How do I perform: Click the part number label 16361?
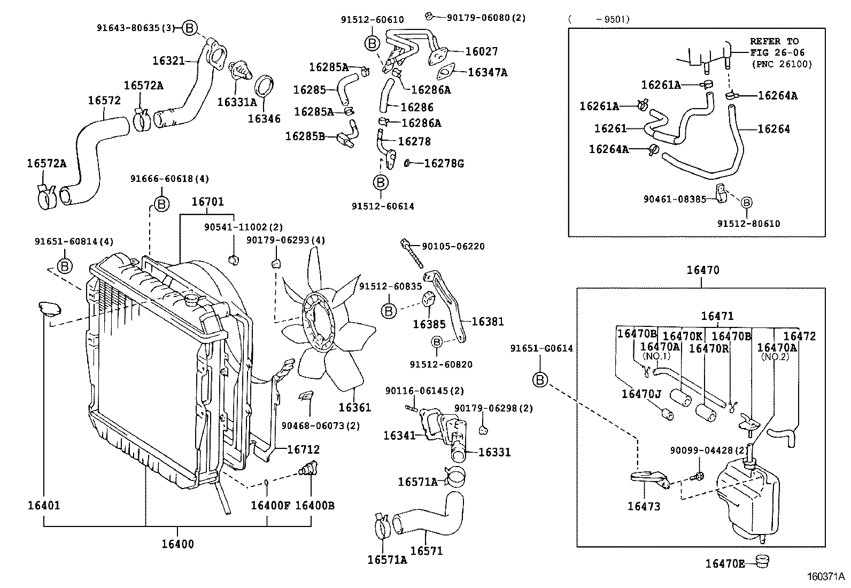click(x=354, y=408)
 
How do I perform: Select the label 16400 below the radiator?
click(x=177, y=544)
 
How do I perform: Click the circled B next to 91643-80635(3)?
click(x=189, y=28)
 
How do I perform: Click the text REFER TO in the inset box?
click(x=774, y=41)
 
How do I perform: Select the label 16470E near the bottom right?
click(x=724, y=563)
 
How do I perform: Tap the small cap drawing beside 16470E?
click(x=762, y=561)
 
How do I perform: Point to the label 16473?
click(x=644, y=506)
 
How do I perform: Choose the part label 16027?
click(x=481, y=51)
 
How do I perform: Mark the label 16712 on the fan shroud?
click(x=303, y=449)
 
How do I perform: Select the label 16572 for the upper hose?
click(x=104, y=101)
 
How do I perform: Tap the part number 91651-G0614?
click(x=541, y=348)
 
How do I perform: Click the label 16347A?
click(x=487, y=72)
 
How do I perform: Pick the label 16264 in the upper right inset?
click(x=773, y=128)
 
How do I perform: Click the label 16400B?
click(x=314, y=505)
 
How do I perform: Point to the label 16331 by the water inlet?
click(x=494, y=452)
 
